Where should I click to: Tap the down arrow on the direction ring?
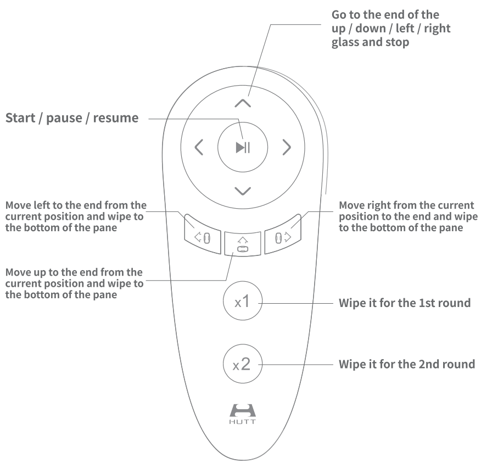click(x=242, y=191)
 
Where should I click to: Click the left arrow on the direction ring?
click(x=199, y=147)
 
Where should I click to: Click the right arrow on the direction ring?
click(x=286, y=147)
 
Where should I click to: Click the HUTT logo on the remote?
click(x=242, y=412)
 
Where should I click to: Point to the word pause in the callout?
click(x=70, y=118)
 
